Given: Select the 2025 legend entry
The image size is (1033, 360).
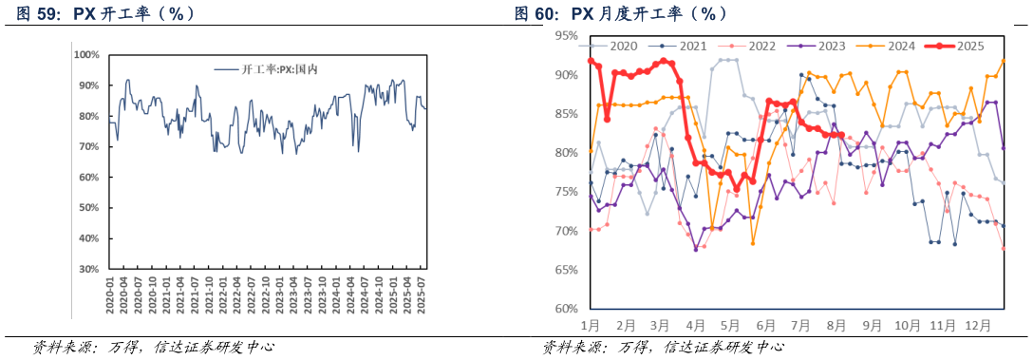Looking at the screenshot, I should [968, 46].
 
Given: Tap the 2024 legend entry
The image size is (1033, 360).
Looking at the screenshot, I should [901, 46].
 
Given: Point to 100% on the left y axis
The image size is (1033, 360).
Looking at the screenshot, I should [87, 54].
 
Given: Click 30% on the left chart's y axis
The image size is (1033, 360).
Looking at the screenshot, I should [88, 269].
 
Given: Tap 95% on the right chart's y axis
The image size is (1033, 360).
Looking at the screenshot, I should [566, 36].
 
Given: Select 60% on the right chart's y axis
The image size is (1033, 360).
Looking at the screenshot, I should [566, 309].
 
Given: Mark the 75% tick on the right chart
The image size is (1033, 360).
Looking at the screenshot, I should [566, 192].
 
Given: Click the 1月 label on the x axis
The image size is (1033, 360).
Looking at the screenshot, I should [590, 325].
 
